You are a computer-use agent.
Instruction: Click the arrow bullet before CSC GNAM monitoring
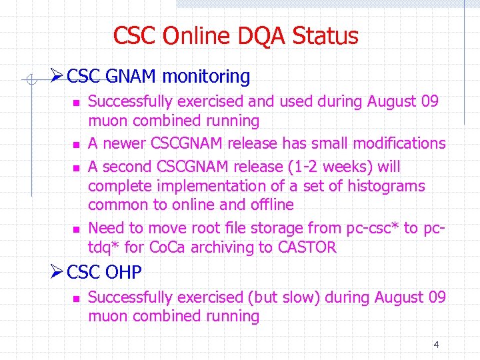pyautogui.click(x=57, y=77)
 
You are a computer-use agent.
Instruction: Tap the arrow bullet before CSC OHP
pyautogui.click(x=57, y=272)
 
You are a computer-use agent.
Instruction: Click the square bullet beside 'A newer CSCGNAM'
pyautogui.click(x=77, y=145)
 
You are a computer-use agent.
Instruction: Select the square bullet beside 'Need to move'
pyautogui.click(x=77, y=229)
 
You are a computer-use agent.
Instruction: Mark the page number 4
pyautogui.click(x=436, y=345)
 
